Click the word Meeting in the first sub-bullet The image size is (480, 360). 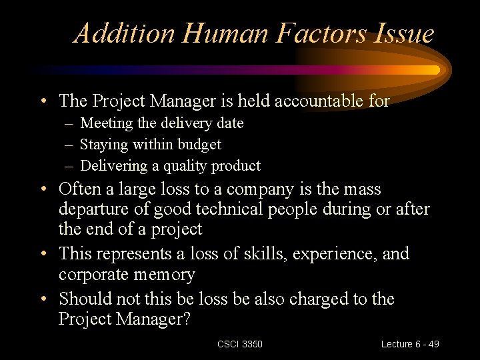coord(107,123)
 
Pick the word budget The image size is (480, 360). coord(199,144)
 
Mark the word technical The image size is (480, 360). coord(235,210)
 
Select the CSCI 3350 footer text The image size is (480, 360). coord(240,344)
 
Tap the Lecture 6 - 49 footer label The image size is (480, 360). coord(410,344)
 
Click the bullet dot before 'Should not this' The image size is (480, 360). coord(43,299)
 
